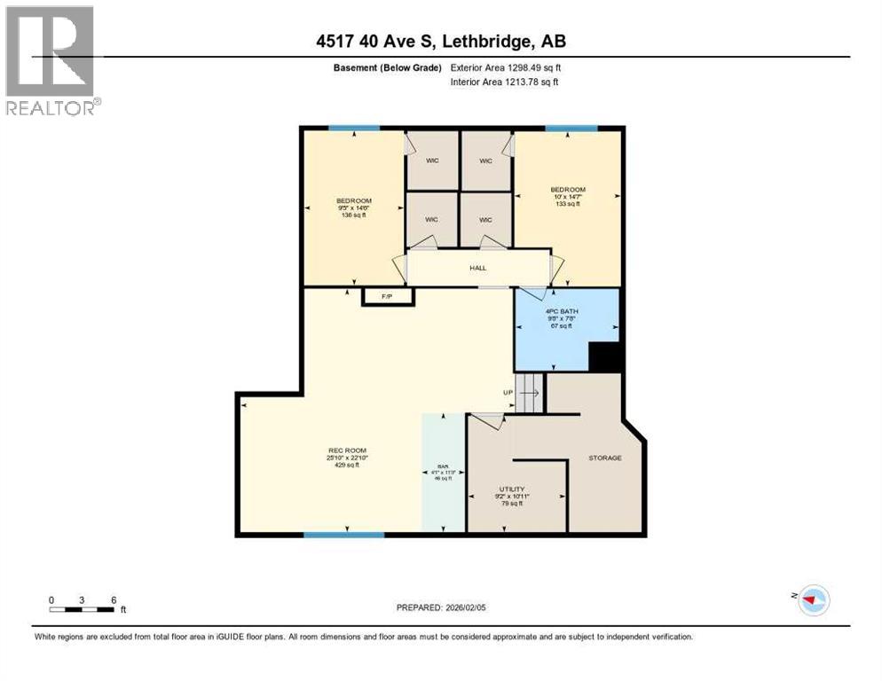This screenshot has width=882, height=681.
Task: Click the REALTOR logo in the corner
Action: [x=51, y=59]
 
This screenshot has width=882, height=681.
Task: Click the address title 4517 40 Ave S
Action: [x=441, y=41]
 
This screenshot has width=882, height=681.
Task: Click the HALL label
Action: [x=478, y=268]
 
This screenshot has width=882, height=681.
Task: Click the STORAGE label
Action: [x=604, y=458]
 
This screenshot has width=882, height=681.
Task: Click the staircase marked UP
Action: [x=529, y=392]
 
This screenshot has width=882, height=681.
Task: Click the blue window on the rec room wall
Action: [x=343, y=535]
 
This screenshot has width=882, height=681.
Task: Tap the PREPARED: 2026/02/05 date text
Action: [x=441, y=607]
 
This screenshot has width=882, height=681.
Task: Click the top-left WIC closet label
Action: [x=432, y=161]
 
